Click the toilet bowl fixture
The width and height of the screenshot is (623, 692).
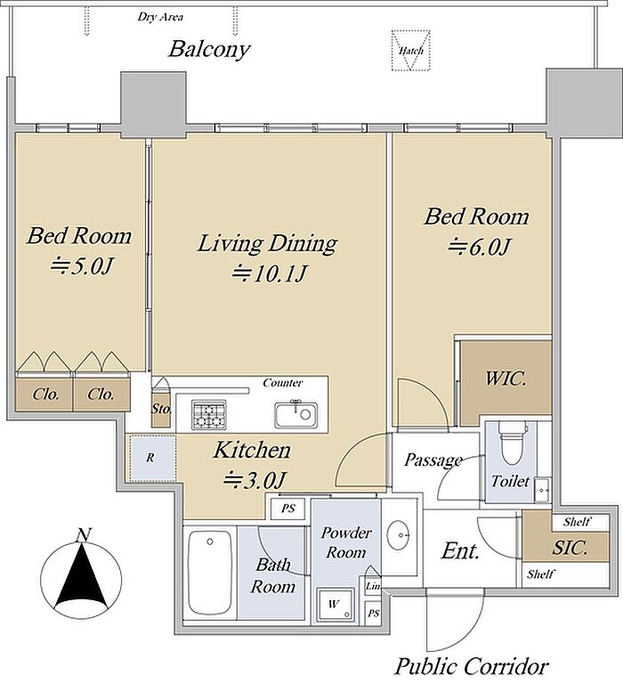512,444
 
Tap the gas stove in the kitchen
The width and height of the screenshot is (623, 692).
209,414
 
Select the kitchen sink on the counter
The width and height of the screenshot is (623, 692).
295,415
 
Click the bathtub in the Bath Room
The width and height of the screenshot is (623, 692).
209,573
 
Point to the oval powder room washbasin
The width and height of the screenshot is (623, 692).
399,535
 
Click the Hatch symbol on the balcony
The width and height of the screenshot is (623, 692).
411,50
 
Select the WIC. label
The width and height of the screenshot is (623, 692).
506,379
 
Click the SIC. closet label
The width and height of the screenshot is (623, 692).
570,548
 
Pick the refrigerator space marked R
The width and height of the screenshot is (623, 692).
150,458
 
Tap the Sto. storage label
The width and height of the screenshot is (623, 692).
161,409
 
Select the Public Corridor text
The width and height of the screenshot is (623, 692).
472,666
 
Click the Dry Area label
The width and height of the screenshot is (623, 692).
160,17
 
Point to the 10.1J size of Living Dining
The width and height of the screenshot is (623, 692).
270,273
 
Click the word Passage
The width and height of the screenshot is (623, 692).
433,460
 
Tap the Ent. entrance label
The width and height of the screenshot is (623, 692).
460,550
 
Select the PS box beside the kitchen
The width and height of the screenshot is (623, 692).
287,509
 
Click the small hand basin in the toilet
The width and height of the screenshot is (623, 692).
542,490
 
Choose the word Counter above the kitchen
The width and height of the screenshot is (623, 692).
283,383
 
